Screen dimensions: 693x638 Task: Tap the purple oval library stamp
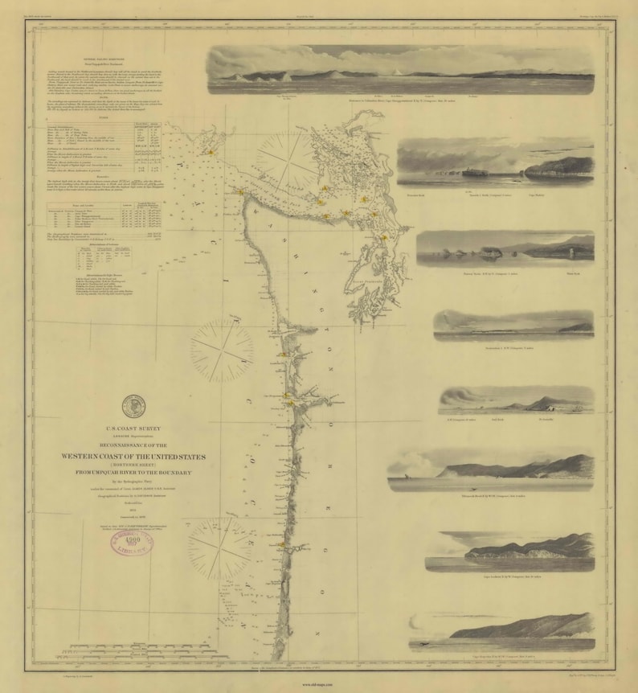click(x=132, y=544)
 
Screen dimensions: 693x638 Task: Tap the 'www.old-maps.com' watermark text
click(x=318, y=685)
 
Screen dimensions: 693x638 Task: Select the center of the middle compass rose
click(x=222, y=351)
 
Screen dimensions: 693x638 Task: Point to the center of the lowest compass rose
click(x=219, y=549)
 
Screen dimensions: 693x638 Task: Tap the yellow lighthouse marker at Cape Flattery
click(x=240, y=191)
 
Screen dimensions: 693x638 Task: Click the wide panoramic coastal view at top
click(x=400, y=69)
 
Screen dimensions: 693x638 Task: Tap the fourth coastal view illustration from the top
click(x=513, y=325)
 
